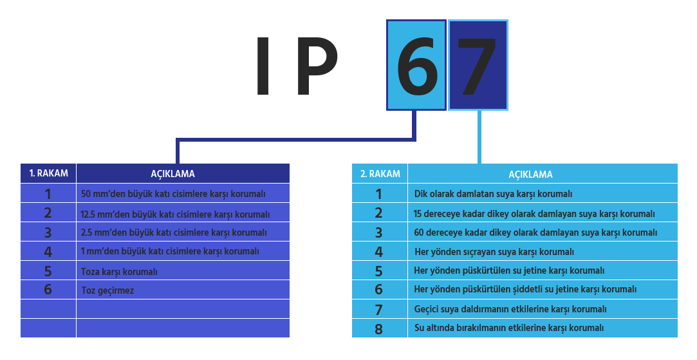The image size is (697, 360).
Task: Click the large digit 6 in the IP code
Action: point(416,66)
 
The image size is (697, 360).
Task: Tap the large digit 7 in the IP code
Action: point(477,66)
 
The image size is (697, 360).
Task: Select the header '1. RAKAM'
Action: point(48,173)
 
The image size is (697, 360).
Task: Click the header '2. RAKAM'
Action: point(380,174)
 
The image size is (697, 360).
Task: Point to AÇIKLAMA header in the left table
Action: point(172,174)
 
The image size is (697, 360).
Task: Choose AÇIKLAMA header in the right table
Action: point(530,175)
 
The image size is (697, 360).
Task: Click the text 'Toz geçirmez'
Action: point(107,290)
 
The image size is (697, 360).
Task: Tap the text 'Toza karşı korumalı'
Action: point(119,272)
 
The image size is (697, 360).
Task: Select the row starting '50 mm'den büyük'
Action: point(173,194)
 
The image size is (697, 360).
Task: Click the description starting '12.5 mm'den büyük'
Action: point(175,214)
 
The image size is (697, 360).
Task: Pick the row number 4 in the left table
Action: point(48,252)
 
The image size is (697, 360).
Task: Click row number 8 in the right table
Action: point(378,329)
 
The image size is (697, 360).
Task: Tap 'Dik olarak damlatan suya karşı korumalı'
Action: point(493,194)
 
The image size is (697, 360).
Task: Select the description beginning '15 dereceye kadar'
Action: point(534,214)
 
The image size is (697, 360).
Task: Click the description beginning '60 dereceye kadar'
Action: point(535,232)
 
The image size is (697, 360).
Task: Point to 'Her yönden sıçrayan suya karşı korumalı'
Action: point(494,252)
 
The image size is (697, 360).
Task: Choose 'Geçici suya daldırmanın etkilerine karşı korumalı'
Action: point(510,309)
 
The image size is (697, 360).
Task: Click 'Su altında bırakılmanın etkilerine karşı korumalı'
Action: point(509,328)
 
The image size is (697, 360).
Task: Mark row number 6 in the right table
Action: point(378,290)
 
